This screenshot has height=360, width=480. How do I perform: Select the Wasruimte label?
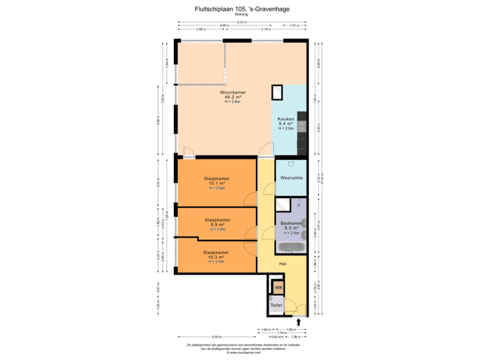pyautogui.click(x=292, y=179)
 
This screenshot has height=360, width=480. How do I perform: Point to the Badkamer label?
pyautogui.click(x=292, y=223)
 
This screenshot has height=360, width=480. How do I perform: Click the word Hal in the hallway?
pyautogui.click(x=284, y=263)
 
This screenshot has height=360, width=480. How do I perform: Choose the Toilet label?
pyautogui.click(x=277, y=305)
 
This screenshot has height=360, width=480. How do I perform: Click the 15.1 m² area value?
pyautogui.click(x=215, y=183)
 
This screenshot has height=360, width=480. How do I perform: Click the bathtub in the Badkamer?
pyautogui.click(x=291, y=248)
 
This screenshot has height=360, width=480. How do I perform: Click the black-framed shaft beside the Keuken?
pyautogui.click(x=277, y=93)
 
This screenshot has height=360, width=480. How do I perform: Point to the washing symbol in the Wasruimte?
pyautogui.click(x=291, y=164)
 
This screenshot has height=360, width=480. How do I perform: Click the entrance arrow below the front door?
pyautogui.click(x=299, y=323)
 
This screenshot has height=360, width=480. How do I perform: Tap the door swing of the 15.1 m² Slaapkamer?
pyautogui.click(x=250, y=199)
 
